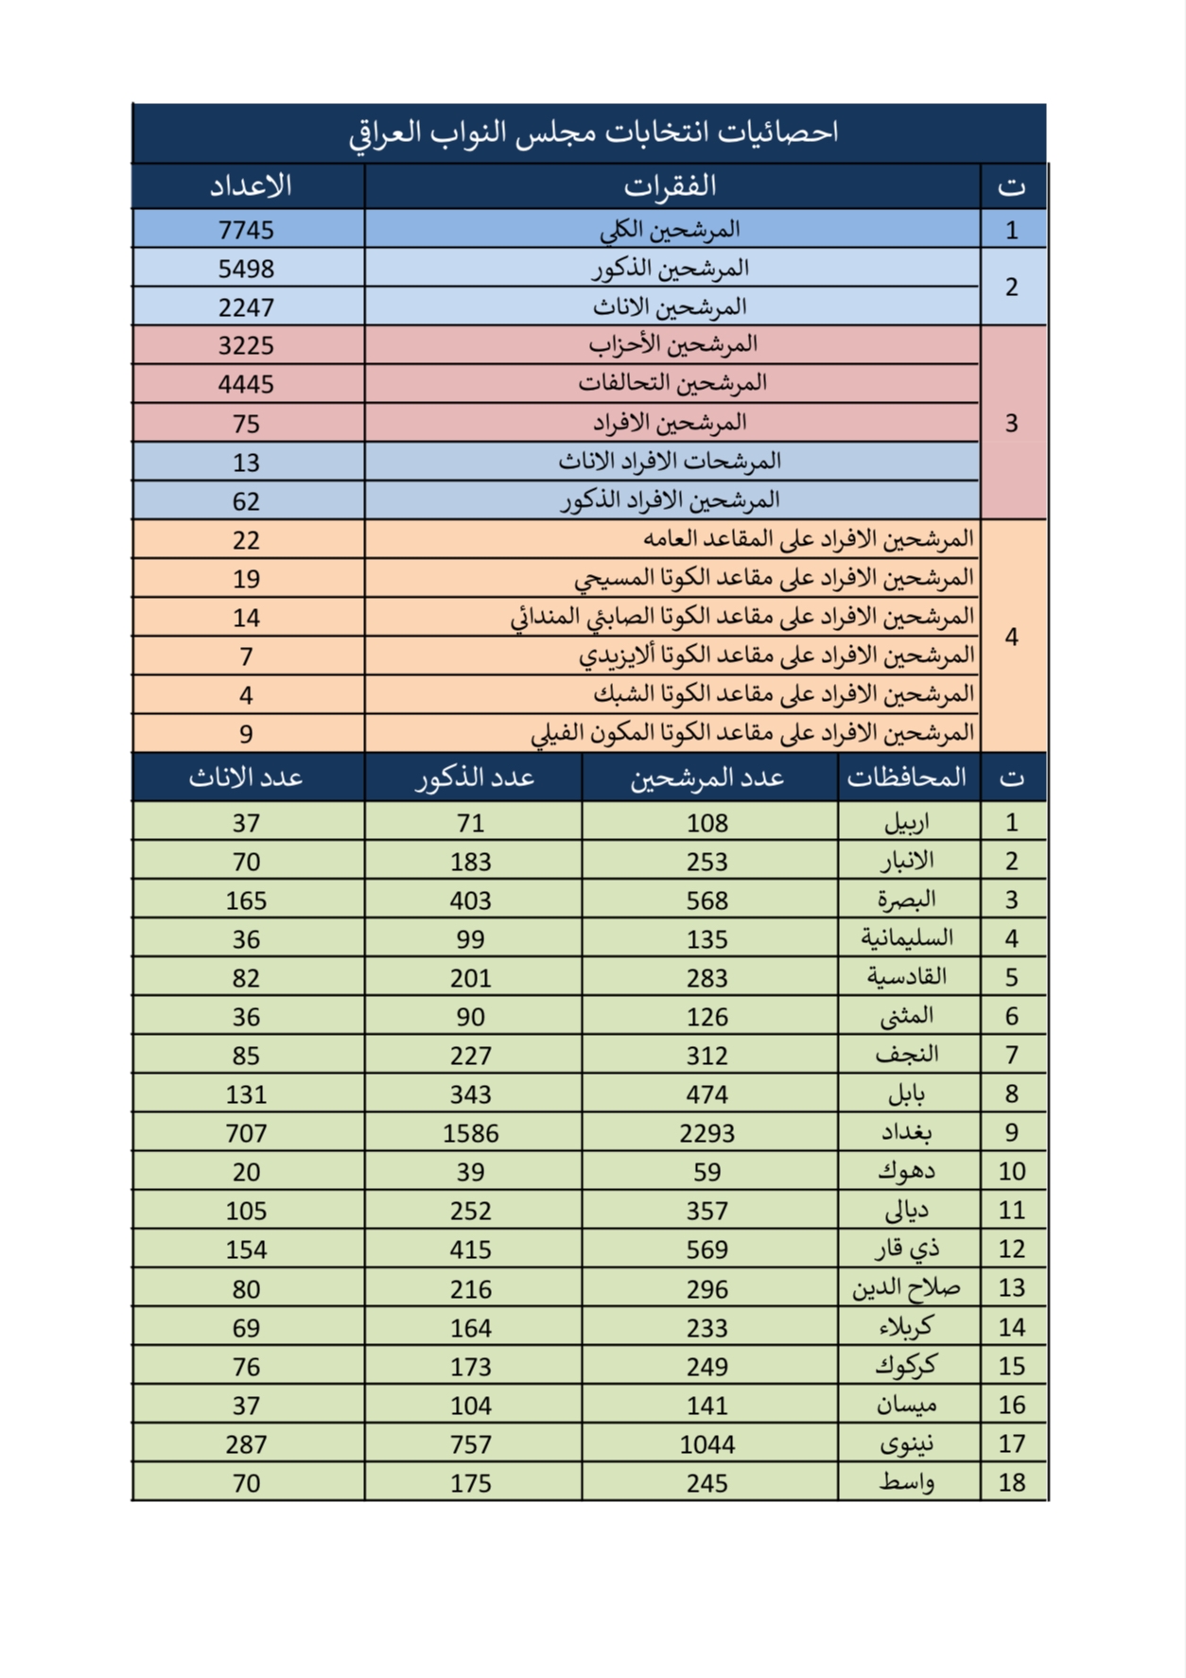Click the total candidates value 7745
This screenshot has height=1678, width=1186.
(246, 230)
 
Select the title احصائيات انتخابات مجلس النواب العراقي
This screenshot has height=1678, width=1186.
(593, 132)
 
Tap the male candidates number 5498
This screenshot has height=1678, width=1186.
(246, 269)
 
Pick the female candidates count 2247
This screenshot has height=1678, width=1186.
(246, 307)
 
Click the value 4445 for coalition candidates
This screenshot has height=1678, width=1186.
(246, 384)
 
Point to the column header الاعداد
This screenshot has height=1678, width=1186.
(250, 186)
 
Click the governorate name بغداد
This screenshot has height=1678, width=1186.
(906, 1132)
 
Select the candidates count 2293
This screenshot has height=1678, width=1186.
(706, 1133)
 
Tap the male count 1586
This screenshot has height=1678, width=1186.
(470, 1133)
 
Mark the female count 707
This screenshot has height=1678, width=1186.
(246, 1133)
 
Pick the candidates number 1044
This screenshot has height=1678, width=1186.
(706, 1444)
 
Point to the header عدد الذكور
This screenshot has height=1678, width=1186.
(475, 778)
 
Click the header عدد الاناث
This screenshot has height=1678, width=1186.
(246, 778)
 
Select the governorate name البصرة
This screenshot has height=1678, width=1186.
(906, 900)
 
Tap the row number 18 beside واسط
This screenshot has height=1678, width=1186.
(1011, 1482)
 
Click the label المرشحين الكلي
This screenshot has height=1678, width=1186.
(670, 230)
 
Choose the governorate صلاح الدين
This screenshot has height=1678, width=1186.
(906, 1288)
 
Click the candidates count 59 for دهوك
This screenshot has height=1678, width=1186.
(706, 1172)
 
